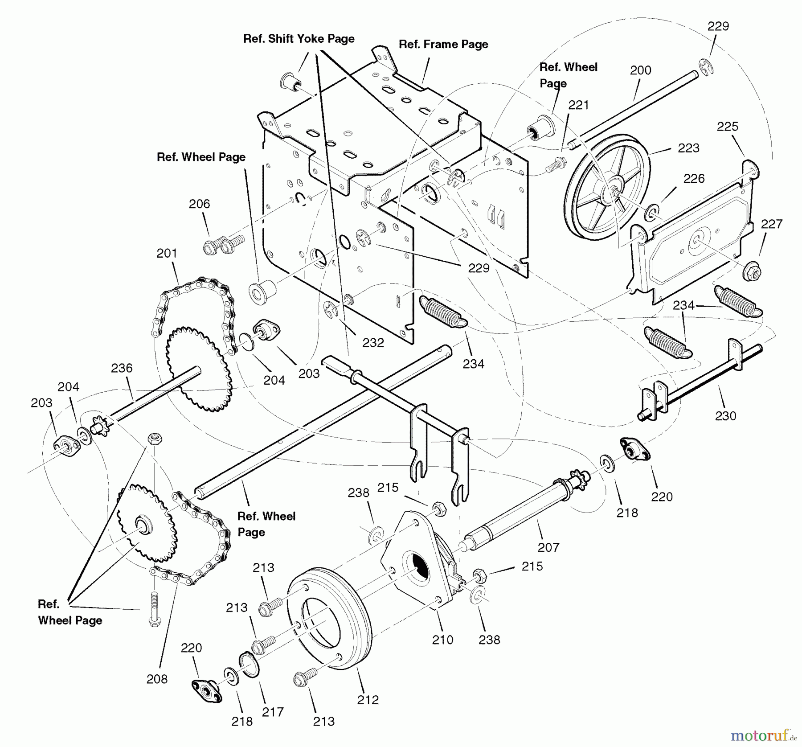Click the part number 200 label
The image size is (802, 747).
click(640, 70)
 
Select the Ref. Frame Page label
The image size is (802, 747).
click(443, 44)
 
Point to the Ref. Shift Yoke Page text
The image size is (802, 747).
click(299, 39)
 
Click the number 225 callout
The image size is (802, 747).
click(727, 127)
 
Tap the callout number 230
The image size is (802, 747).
click(725, 416)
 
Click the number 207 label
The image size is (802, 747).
click(548, 547)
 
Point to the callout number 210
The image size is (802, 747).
click(442, 640)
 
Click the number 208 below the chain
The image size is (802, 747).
click(157, 679)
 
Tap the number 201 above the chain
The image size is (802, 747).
click(167, 253)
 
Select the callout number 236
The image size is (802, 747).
click(122, 368)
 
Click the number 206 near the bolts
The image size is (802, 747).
click(199, 204)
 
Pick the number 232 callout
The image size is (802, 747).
click(372, 343)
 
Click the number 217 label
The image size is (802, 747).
click(273, 712)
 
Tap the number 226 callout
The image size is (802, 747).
click(694, 179)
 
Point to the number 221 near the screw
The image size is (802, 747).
click(578, 105)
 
